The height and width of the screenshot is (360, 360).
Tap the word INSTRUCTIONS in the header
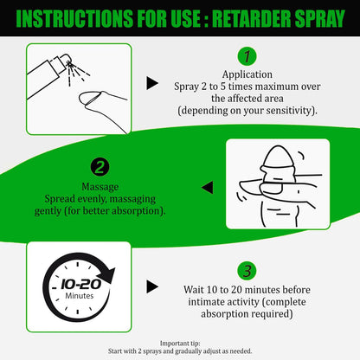[74, 19]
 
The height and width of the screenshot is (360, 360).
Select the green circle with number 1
[247, 56]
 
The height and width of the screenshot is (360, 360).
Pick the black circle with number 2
[100, 167]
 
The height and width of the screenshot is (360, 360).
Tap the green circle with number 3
[247, 271]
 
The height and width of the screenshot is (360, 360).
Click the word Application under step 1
[247, 74]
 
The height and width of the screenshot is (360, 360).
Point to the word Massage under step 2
[100, 187]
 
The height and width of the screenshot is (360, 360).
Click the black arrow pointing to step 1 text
[152, 83]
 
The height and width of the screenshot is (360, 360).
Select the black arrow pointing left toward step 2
[208, 188]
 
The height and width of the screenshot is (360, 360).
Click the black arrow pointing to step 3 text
[152, 286]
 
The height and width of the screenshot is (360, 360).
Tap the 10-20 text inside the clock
[81, 284]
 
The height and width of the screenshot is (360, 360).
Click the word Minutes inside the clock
[80, 296]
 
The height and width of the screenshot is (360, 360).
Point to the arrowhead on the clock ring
[106, 275]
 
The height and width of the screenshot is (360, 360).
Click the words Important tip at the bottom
[180, 344]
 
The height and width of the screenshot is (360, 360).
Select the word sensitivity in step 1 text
[289, 111]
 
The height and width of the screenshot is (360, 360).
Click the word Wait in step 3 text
[194, 290]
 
